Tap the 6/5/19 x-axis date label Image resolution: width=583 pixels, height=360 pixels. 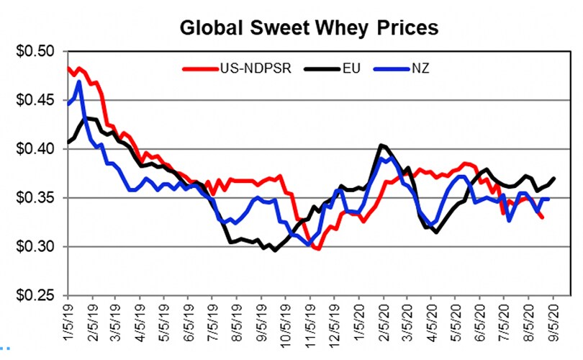coord(189,317)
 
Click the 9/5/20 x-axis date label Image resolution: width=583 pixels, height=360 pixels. coord(553,317)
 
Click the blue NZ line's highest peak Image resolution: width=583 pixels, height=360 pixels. coord(78,82)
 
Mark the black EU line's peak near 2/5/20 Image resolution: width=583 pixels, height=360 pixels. coord(381,145)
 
